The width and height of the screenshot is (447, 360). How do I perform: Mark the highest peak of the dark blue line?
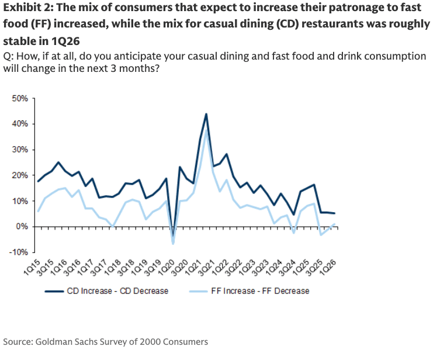click(x=206, y=114)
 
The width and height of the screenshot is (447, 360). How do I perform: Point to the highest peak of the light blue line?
click(x=206, y=130)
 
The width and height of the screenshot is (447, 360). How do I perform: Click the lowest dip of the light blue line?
click(x=173, y=243)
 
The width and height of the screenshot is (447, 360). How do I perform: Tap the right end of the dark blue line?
click(x=335, y=213)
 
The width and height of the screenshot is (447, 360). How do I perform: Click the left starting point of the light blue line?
click(x=38, y=211)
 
